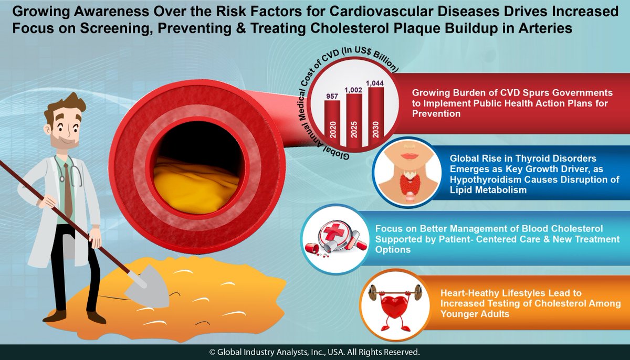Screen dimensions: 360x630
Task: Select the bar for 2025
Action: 354,119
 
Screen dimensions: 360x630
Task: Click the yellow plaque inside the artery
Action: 186,181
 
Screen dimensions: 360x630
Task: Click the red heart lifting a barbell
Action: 390,307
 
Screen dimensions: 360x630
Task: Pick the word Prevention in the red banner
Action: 436,113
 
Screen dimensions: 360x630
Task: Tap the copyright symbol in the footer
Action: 213,352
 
